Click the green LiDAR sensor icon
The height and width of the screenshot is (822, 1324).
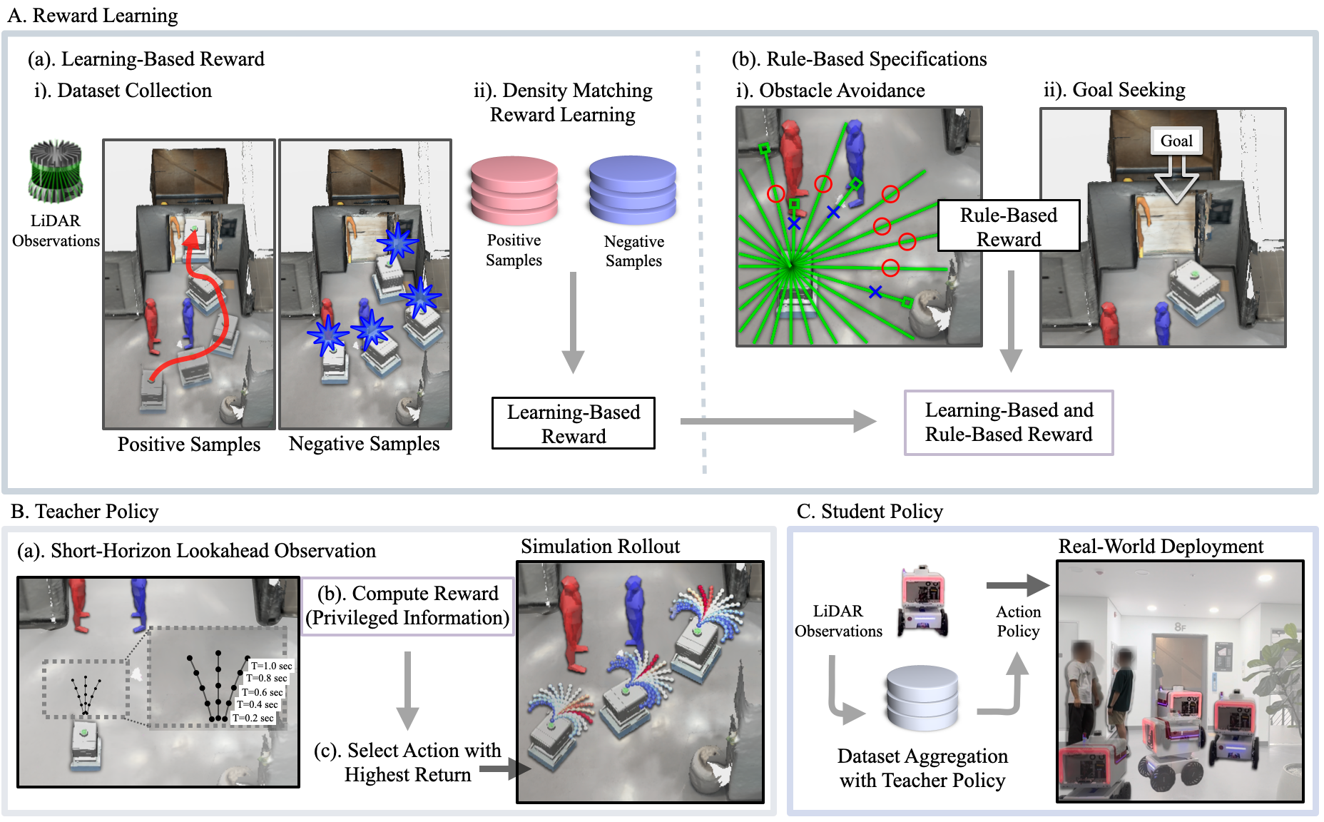[56, 171]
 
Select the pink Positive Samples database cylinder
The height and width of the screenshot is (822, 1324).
[514, 191]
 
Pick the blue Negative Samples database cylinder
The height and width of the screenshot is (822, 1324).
[633, 191]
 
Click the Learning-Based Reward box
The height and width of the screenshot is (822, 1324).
[574, 423]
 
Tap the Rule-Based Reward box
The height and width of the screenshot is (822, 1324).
[1008, 226]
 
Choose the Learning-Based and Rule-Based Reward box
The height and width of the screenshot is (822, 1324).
[1008, 422]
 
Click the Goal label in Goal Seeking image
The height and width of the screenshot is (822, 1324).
[1176, 141]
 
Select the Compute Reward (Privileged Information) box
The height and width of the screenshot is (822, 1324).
[407, 606]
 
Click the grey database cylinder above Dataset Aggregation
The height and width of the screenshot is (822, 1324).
[922, 698]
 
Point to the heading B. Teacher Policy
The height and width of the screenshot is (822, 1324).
[84, 512]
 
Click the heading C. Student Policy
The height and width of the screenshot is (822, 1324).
[870, 512]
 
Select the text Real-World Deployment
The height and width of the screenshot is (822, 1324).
[1161, 547]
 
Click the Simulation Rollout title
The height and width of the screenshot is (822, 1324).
[600, 547]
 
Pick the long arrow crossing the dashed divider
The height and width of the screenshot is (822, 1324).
[778, 421]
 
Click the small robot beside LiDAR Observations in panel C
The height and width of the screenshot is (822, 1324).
[923, 601]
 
